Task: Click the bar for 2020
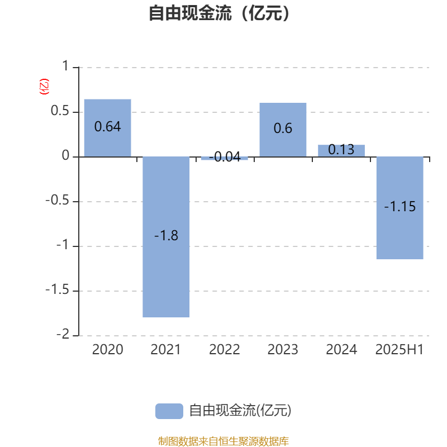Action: coord(107,128)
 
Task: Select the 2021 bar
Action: coord(166,237)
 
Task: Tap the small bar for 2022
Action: coord(225,159)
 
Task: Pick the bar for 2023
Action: coord(283,130)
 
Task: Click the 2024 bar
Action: coord(341,151)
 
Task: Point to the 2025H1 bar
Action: coord(400,208)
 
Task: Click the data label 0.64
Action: coord(107,127)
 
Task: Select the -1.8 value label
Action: coord(166,235)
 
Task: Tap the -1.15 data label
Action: coord(400,206)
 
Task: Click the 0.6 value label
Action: coord(283,129)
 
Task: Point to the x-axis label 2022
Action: coord(225,350)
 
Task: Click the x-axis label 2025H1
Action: coord(400,350)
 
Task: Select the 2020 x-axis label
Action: coord(107,350)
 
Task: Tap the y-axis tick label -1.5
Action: coord(58,290)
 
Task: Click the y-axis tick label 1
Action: coord(65,66)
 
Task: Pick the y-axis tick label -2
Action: coord(63,334)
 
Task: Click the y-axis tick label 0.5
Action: coord(60,111)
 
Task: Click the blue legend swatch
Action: coord(169,411)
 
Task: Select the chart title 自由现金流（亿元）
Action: coord(220,13)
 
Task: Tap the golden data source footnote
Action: coord(223,441)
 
